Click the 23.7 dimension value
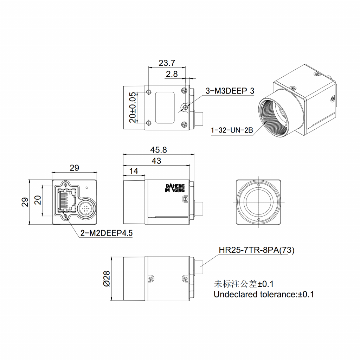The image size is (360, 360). (167, 63)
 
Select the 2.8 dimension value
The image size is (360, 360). (172, 74)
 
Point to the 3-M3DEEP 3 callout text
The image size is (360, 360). (230, 91)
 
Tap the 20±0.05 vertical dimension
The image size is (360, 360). (133, 107)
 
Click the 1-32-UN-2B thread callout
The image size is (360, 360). (232, 131)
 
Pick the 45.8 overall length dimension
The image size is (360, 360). (158, 150)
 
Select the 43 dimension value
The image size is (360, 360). (156, 161)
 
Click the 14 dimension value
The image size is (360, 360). (134, 171)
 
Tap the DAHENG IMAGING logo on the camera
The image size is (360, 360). (175, 188)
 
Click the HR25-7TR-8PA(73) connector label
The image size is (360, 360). (256, 250)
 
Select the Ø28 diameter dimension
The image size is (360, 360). (107, 278)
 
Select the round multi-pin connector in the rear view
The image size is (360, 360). (85, 209)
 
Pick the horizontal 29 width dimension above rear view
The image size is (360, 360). (74, 168)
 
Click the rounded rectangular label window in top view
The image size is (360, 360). (165, 108)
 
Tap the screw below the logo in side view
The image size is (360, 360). (185, 199)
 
